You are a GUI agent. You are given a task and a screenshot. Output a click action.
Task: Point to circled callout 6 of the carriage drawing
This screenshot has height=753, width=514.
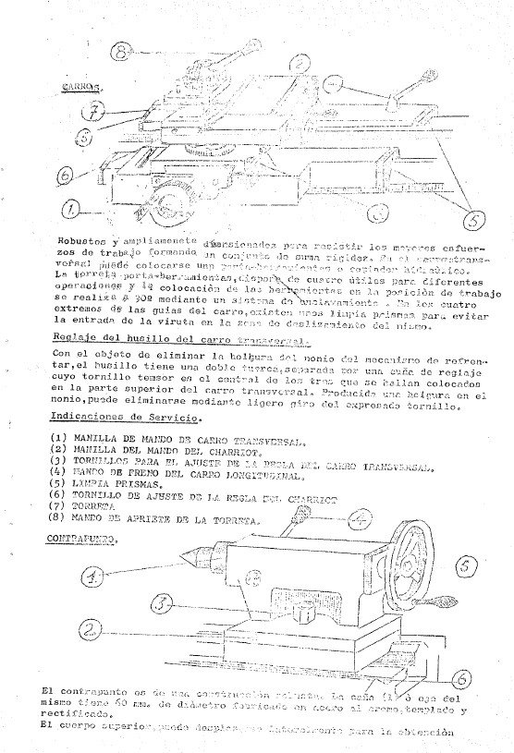coord(65,173)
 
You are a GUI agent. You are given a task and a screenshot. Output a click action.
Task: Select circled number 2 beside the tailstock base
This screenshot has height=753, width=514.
coord(89,631)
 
